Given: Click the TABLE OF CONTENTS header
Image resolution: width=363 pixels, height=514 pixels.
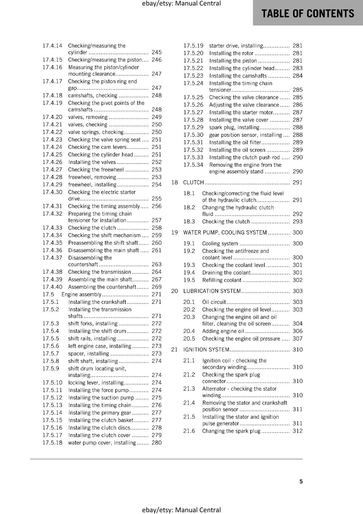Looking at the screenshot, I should coord(308,13).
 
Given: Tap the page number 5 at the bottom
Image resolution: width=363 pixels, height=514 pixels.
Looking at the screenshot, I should coord(301,481).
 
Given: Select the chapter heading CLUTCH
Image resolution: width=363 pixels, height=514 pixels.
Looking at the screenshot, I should coord(193,182).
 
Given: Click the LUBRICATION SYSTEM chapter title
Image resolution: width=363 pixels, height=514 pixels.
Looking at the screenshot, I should coord(212,291).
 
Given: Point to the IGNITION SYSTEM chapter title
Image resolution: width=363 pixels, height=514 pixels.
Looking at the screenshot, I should coord(206,350).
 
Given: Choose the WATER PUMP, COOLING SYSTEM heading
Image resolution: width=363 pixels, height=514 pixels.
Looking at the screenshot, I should coord(225,233).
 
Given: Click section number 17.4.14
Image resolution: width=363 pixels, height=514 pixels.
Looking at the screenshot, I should coord(52,46).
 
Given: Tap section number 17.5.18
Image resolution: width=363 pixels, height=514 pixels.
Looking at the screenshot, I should coord(52,443).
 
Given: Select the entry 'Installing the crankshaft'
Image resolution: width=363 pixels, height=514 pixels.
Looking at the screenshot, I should coord(97,302).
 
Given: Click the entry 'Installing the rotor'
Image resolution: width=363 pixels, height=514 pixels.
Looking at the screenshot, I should coord(231,53).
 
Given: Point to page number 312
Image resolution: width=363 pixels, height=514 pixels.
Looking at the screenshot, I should coord(297,431).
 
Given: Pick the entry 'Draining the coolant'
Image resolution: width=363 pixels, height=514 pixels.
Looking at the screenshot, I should coord(226,273).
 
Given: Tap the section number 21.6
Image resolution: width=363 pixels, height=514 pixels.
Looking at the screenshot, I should coord(189,431).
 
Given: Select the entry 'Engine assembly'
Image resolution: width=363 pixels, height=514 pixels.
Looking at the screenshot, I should coord(81,295).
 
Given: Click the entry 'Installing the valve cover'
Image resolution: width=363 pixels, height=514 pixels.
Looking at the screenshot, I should coord(239,120).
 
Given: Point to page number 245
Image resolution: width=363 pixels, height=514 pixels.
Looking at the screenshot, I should coord(156,52).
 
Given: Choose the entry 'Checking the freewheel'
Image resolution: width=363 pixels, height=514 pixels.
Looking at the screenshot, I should coord(96,170).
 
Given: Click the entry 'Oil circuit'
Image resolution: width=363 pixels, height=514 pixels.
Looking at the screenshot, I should coord(214,302).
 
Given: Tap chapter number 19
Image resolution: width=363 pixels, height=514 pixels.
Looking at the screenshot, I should coord(174,233).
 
